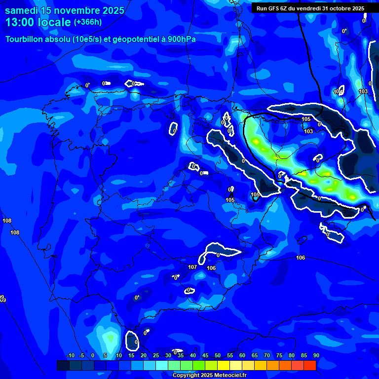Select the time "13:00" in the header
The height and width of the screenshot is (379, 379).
click(19, 23)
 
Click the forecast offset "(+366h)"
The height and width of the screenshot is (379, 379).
click(87, 22)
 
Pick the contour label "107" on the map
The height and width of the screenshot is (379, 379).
click(192, 267)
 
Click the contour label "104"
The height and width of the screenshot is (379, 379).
click(339, 92)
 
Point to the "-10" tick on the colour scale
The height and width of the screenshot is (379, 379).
click(70, 355)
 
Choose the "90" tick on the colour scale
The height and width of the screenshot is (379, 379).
click(316, 355)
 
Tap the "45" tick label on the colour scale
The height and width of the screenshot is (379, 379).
click(205, 355)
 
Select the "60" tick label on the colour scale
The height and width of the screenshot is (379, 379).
click(242, 355)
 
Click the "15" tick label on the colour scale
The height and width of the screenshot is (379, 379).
click(131, 355)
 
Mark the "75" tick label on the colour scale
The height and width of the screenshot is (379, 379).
click(279, 355)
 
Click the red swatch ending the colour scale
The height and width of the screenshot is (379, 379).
click(309, 365)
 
